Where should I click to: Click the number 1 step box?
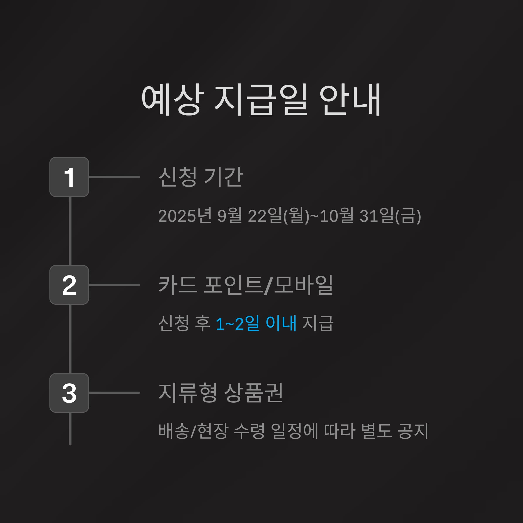[x=69, y=177]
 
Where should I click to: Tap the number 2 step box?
[x=69, y=285]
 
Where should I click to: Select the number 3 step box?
[x=69, y=393]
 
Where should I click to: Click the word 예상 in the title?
[x=172, y=99]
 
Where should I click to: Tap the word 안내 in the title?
[x=350, y=99]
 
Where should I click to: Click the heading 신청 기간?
[x=200, y=177]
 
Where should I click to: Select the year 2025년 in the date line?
[x=185, y=216]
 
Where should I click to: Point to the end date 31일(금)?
[x=390, y=216]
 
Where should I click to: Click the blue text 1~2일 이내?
[x=256, y=323]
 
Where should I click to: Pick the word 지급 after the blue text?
[x=318, y=323]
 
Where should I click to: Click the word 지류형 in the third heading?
[x=188, y=392]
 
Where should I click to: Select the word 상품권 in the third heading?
[x=254, y=392]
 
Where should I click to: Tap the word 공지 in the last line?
[x=413, y=431]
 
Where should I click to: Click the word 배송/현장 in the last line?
[x=193, y=431]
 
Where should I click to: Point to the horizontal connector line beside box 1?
[x=114, y=177]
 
